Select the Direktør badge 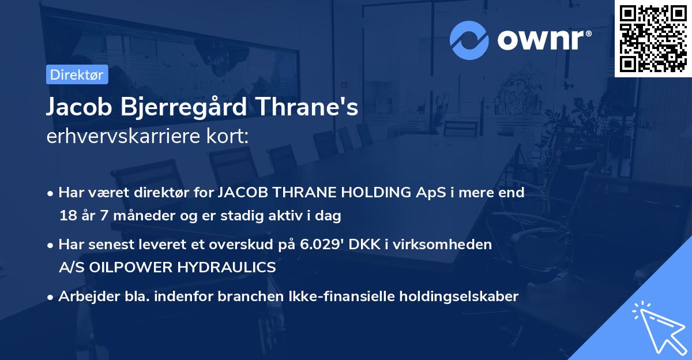click(77, 74)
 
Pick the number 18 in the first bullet click(67, 216)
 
